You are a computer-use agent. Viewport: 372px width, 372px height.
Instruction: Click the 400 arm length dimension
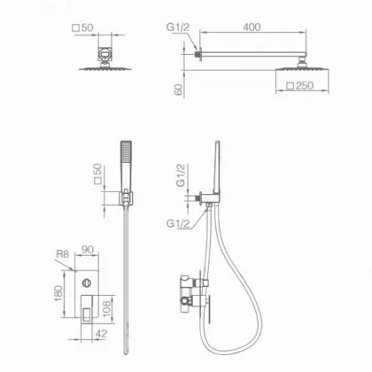click(252, 27)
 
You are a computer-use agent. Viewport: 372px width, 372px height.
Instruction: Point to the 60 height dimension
click(179, 89)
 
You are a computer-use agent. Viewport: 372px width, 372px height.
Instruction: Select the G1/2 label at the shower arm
click(178, 27)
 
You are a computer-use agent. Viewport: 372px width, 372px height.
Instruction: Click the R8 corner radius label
click(62, 254)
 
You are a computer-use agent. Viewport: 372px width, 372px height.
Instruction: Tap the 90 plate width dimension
click(88, 250)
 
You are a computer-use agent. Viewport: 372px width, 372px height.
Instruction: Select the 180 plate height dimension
click(58, 293)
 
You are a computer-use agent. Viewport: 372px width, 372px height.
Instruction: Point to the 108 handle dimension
click(107, 308)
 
